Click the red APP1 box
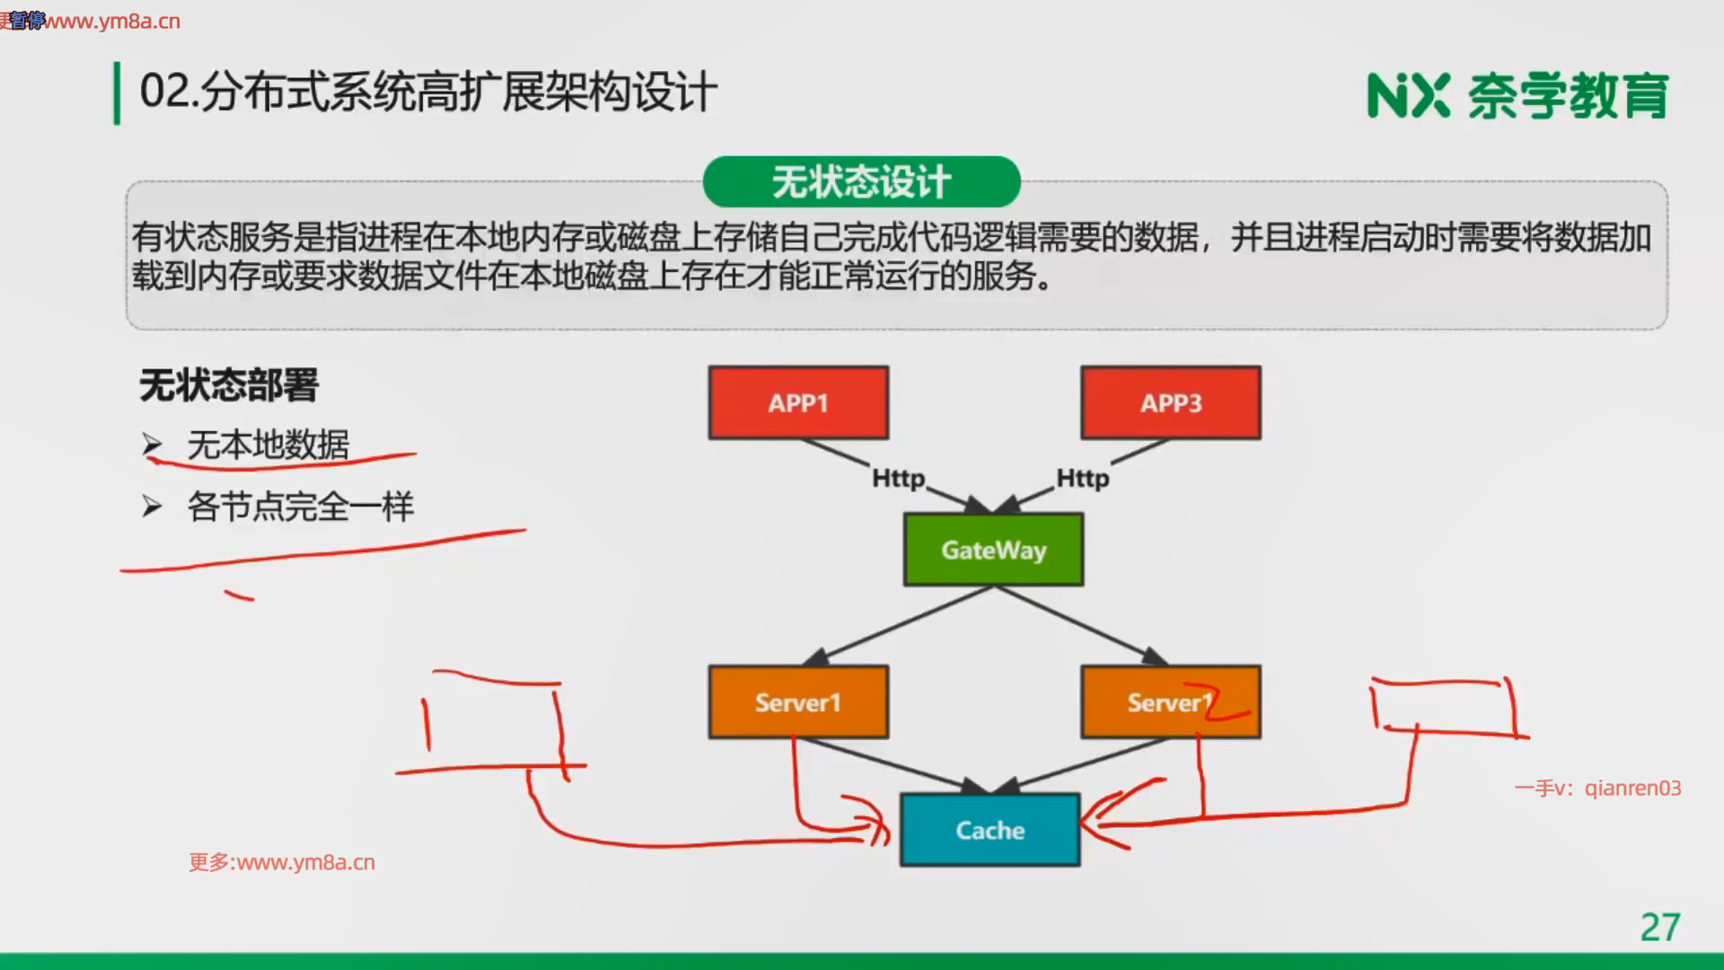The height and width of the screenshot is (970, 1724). pyautogui.click(x=798, y=402)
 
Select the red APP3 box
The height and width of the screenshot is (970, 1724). pyautogui.click(x=1171, y=402)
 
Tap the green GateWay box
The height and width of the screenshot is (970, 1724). pyautogui.click(x=993, y=550)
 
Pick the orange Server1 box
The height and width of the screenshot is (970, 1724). pyautogui.click(x=798, y=702)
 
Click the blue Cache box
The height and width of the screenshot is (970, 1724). pyautogui.click(x=990, y=830)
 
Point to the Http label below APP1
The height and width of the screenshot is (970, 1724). pyautogui.click(x=898, y=479)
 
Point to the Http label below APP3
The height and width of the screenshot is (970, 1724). pyautogui.click(x=1082, y=479)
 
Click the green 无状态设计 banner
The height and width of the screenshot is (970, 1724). pyautogui.click(x=861, y=182)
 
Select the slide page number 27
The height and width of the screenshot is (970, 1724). pyautogui.click(x=1659, y=928)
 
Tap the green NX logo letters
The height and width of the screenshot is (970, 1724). pyautogui.click(x=1407, y=96)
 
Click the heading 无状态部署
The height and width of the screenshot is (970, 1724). pyautogui.click(x=229, y=385)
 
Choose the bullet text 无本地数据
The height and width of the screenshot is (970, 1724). pyautogui.click(x=268, y=445)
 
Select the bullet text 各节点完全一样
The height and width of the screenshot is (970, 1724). pyautogui.click(x=300, y=507)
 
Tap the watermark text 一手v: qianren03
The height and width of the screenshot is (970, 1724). pyautogui.click(x=1597, y=789)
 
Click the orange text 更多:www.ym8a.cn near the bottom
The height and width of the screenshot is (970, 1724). pyautogui.click(x=282, y=862)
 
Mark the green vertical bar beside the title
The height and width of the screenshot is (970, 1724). pyautogui.click(x=117, y=93)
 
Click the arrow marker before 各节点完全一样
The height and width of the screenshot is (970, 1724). pyautogui.click(x=152, y=507)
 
